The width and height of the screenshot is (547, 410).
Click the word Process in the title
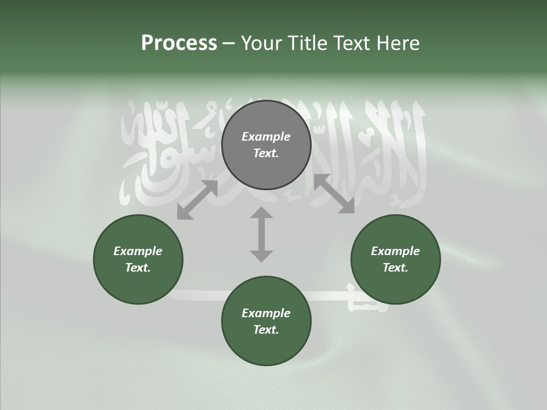pyautogui.click(x=179, y=43)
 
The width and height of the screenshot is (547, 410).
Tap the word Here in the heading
pyautogui.click(x=398, y=43)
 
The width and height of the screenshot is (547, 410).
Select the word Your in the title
pyautogui.click(x=260, y=43)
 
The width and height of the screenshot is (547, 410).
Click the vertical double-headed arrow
pyautogui.click(x=262, y=235)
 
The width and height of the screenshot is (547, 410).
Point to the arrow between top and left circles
pyautogui.click(x=197, y=200)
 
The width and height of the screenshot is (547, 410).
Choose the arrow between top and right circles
pyautogui.click(x=334, y=194)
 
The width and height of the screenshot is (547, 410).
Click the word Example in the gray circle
pyautogui.click(x=266, y=137)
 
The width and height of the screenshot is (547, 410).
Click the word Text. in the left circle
pyautogui.click(x=138, y=268)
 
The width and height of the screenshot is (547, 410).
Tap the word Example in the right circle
pyautogui.click(x=395, y=251)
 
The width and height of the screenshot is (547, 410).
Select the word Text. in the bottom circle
pyautogui.click(x=266, y=330)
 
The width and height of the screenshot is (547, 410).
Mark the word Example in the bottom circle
pyautogui.click(x=266, y=313)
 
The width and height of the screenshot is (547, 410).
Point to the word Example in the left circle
pyautogui.click(x=138, y=251)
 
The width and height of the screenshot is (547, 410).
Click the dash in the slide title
pyautogui.click(x=229, y=43)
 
